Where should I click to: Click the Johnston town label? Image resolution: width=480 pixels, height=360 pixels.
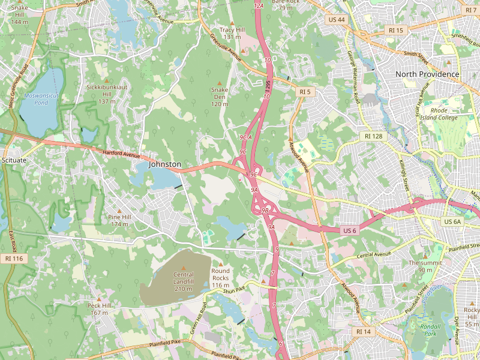click(x=165, y=164)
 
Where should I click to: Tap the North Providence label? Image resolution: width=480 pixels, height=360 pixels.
click(x=427, y=74)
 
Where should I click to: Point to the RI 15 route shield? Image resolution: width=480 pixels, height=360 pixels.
click(x=397, y=30)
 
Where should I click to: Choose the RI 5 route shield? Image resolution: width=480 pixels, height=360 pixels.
click(x=305, y=92)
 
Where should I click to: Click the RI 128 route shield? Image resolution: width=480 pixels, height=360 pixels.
click(x=373, y=137)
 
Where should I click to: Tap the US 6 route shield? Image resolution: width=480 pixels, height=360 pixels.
click(x=350, y=231)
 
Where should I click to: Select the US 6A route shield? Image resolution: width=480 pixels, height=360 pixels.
click(x=452, y=222)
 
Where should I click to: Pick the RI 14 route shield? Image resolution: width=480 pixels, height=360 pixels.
click(x=364, y=331)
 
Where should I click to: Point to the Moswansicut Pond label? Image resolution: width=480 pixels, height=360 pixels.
click(x=37, y=98)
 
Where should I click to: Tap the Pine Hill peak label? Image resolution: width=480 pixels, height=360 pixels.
click(x=119, y=220)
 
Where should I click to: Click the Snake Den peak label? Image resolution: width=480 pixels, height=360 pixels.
click(x=219, y=97)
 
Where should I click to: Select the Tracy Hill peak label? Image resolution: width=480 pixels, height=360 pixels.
click(x=232, y=33)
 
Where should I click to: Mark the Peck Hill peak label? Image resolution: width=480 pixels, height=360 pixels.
click(x=100, y=309)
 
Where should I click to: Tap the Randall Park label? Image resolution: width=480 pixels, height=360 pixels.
click(x=430, y=329)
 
